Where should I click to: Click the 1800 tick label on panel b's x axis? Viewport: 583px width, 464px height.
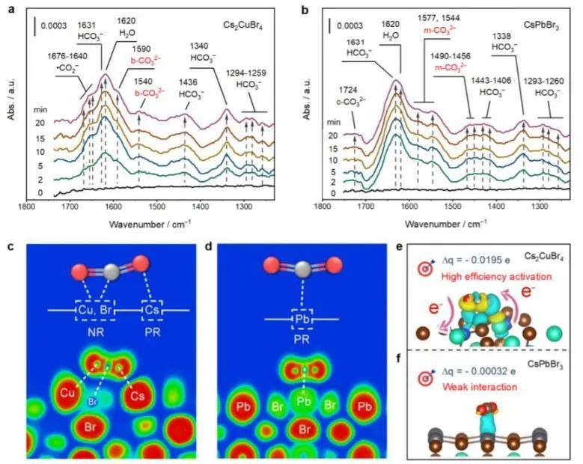coord(322,205)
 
